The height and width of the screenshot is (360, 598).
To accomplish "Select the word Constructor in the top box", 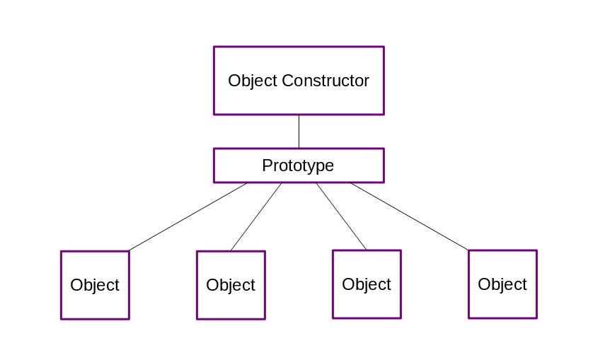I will pos(325,81).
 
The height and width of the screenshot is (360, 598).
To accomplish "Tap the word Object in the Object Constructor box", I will pos(253,81).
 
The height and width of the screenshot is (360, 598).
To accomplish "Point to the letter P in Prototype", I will pos(267,166).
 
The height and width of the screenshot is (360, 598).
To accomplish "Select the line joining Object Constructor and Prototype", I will pos(299,132).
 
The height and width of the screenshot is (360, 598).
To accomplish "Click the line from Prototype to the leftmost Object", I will pos(188,217).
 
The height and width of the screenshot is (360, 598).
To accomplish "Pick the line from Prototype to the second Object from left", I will pos(256,217).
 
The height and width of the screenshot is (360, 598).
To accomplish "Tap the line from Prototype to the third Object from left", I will pos(341,216).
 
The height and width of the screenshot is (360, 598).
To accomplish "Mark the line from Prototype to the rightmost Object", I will pos(409,216).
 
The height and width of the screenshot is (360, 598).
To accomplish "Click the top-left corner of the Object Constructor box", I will pos(214,47).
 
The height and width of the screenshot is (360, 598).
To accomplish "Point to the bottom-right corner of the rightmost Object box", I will pos(536,318).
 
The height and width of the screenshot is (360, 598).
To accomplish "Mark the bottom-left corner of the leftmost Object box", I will pos(62,318).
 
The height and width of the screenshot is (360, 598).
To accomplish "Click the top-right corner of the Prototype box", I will pos(383,149).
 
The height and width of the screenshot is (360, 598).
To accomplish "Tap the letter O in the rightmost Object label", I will pos(484,284).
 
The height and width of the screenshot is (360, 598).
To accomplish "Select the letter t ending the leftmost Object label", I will pos(117,285).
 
